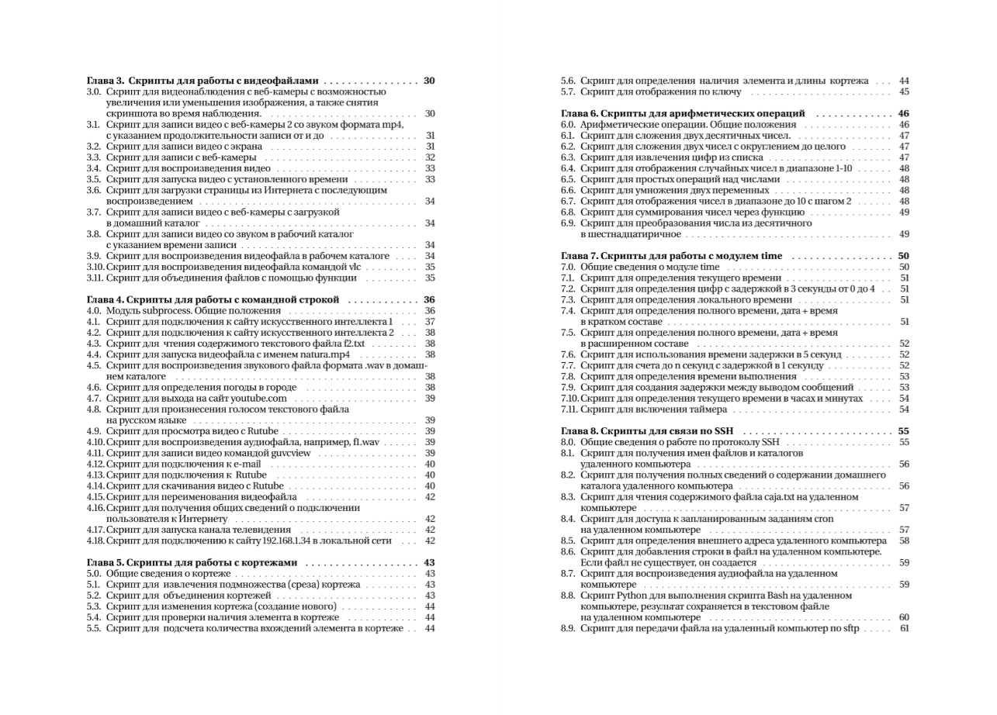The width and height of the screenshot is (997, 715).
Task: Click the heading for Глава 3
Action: pos(203,81)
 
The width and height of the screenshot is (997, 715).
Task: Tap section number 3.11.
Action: pos(95,278)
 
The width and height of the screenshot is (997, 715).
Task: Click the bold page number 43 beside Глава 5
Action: pos(429,562)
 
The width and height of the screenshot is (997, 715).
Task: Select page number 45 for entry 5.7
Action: pos(904,92)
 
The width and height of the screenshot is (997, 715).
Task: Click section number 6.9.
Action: pos(568,223)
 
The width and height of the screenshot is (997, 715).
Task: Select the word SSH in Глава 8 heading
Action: pos(733,431)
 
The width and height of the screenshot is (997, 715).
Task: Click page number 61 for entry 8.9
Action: pos(904,628)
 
